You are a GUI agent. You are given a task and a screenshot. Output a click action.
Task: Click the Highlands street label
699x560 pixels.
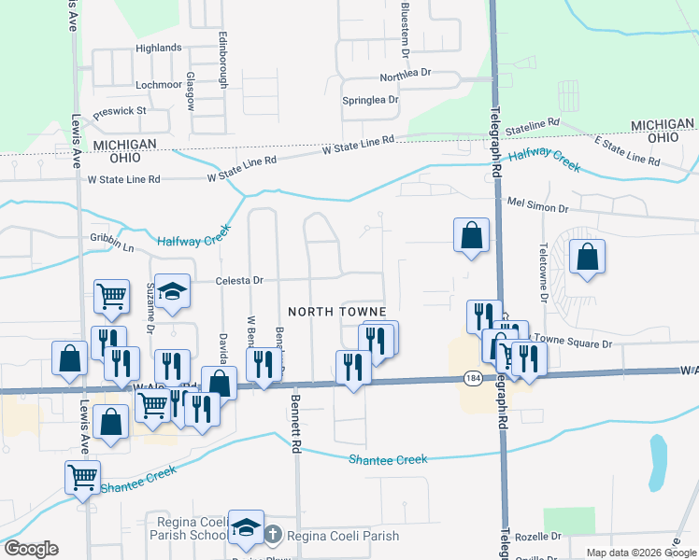(158, 48)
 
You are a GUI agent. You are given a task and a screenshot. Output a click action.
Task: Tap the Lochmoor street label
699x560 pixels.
(158, 84)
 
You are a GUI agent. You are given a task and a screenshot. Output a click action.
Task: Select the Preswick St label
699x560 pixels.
(120, 111)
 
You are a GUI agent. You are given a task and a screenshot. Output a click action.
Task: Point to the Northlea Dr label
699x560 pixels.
(405, 74)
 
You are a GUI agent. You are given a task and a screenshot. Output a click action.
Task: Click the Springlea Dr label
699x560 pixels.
(370, 100)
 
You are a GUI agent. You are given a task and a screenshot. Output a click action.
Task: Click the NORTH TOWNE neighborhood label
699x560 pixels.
(337, 311)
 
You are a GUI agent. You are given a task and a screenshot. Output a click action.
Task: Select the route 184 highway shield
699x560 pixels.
(471, 377)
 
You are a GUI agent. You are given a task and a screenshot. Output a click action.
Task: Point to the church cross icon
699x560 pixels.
(272, 536)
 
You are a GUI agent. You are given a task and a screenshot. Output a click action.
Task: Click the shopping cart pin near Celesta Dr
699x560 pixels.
(111, 296)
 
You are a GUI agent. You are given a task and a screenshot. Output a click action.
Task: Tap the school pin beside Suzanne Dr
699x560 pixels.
(172, 292)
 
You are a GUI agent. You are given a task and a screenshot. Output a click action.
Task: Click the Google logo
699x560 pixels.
(31, 549)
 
